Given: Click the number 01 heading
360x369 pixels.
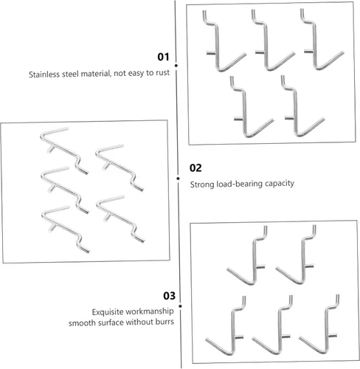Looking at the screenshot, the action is pyautogui.click(x=163, y=57).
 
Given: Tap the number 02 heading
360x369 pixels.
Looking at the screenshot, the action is pyautogui.click(x=195, y=168).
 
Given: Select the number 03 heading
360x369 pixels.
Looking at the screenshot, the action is pyautogui.click(x=169, y=295).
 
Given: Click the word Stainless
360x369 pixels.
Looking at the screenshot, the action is pyautogui.click(x=44, y=75).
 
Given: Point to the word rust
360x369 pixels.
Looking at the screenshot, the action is pyautogui.click(x=162, y=72).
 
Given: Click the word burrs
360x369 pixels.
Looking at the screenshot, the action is pyautogui.click(x=165, y=322).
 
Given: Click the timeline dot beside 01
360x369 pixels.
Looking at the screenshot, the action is pyautogui.click(x=176, y=66).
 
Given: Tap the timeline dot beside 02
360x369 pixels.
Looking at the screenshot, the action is pyautogui.click(x=178, y=179).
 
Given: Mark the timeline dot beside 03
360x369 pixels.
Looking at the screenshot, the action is pyautogui.click(x=181, y=306).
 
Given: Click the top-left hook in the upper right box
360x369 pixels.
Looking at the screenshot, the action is pyautogui.click(x=217, y=49).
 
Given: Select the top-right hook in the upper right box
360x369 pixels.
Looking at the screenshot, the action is pyautogui.click(x=315, y=46).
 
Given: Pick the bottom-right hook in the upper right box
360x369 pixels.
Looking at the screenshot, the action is pyautogui.click(x=296, y=116).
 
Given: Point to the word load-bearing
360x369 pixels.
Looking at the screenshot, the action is pyautogui.click(x=236, y=184).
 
